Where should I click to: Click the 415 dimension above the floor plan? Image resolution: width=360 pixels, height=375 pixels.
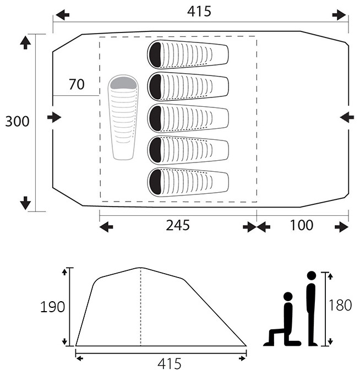(199, 12)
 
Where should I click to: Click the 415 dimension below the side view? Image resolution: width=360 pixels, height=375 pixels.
(170, 364)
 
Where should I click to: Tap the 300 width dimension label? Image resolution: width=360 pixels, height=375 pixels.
(17, 122)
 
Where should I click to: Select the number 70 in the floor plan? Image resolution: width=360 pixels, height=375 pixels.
(77, 84)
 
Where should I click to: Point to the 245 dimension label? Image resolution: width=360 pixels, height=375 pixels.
(178, 225)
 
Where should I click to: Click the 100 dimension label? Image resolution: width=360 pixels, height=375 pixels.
(302, 225)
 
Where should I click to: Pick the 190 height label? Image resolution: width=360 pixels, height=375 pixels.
(52, 307)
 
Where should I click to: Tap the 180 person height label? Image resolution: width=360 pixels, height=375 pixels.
(340, 306)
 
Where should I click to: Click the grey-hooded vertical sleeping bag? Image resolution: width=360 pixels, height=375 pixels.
(123, 117)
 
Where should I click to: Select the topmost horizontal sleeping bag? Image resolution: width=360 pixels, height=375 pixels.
(188, 55)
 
